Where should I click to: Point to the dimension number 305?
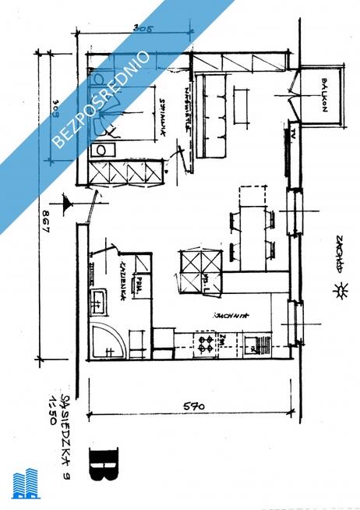pyautogui.click(x=143, y=29)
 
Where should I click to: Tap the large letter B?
pyautogui.click(x=104, y=461)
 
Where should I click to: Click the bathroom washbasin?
pyautogui.click(x=99, y=297)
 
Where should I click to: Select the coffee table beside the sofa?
pyautogui.click(x=239, y=101)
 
